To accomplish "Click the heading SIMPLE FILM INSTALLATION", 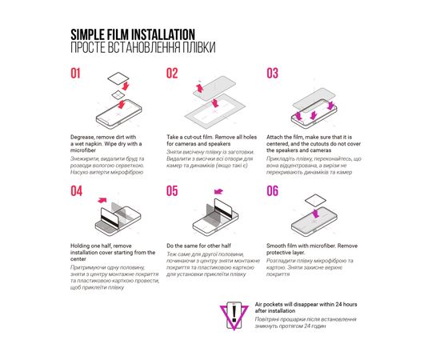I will [x=132, y=34].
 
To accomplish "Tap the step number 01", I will [x=76, y=74].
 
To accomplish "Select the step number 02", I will [x=172, y=74].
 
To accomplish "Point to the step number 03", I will [x=272, y=74].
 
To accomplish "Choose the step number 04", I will [x=76, y=191].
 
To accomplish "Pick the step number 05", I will [x=172, y=191].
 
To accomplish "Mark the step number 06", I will [x=272, y=191].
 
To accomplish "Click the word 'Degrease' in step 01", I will [x=84, y=138].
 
